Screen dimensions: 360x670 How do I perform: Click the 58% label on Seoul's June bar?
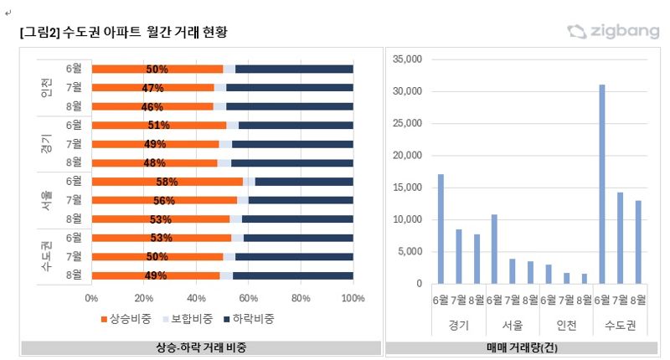tap(167, 182)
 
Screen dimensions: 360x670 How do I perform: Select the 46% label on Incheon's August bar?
tap(152, 107)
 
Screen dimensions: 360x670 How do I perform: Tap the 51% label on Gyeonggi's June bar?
tap(158, 126)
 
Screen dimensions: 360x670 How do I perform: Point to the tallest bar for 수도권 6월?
tap(602, 184)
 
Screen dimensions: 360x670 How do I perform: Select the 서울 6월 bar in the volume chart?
tap(494, 249)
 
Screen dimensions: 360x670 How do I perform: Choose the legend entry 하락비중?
tap(249, 319)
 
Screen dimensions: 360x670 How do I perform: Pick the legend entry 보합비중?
tap(188, 319)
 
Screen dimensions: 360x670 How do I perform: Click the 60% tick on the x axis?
tap(249, 296)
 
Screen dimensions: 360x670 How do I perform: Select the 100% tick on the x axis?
tap(353, 296)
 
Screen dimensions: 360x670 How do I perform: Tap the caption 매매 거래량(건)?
tap(522, 347)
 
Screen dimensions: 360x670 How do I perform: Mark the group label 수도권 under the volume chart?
tap(619, 325)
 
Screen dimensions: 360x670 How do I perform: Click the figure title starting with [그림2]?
tap(123, 32)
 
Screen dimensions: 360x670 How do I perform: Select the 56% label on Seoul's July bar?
tap(164, 201)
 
